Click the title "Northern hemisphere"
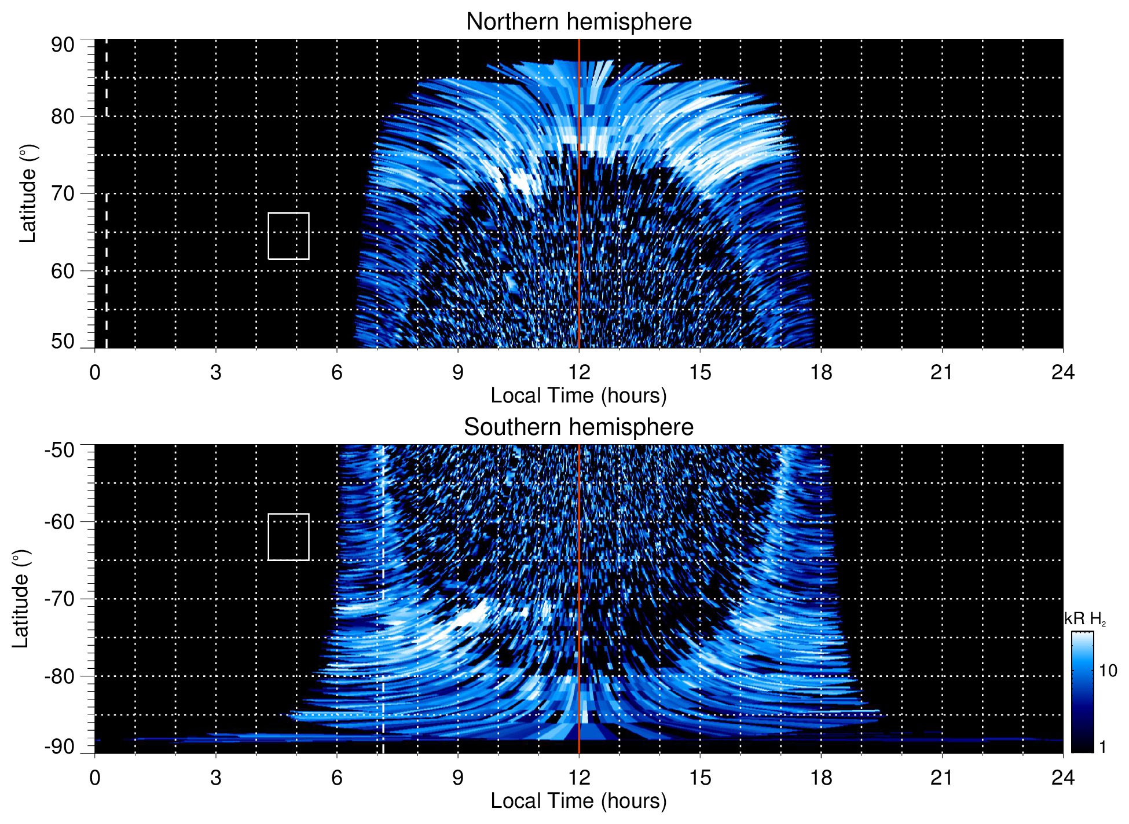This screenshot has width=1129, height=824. (x=578, y=22)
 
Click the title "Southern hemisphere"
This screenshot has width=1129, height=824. (x=578, y=427)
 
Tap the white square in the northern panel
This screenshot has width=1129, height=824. (x=288, y=236)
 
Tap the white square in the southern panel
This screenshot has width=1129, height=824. (x=288, y=537)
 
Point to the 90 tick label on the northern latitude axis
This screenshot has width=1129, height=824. (x=63, y=45)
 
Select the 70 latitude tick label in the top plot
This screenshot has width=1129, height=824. (x=63, y=194)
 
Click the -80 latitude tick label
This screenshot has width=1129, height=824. (x=60, y=676)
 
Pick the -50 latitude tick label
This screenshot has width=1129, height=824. (x=60, y=450)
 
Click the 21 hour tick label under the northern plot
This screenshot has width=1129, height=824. (x=941, y=372)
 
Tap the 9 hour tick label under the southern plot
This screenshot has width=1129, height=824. (x=458, y=778)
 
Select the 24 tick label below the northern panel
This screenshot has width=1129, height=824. (x=1062, y=372)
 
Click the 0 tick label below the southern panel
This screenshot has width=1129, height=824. (x=95, y=778)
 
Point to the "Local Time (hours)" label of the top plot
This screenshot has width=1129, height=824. (x=578, y=396)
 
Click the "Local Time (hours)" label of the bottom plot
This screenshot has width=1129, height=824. (x=578, y=801)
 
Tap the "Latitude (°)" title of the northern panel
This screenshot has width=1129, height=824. (x=28, y=194)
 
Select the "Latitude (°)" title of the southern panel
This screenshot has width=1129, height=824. (x=21, y=599)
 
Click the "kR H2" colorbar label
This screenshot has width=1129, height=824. (x=1085, y=620)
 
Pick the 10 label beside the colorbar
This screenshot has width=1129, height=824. (x=1108, y=671)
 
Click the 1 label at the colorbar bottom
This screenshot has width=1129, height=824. (x=1102, y=747)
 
